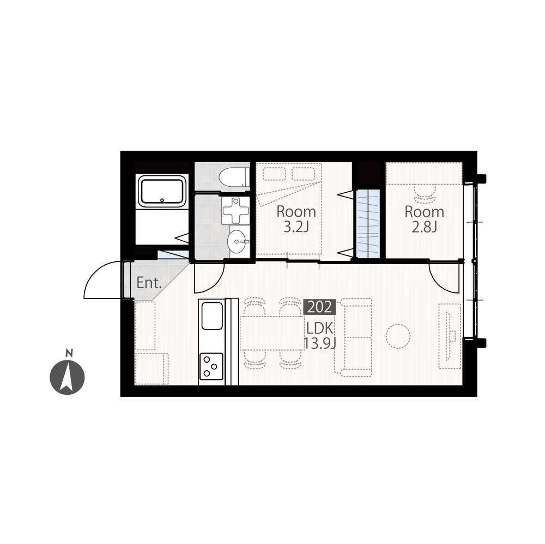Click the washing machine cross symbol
pos(236,211)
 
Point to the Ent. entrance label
pos(149,283)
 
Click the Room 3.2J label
pos(296,219)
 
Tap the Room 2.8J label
pos(425,219)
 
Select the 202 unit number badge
pos(320,307)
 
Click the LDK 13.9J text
pos(320,335)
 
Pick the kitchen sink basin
pos(212,315)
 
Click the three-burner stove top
pos(211,366)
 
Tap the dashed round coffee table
pos(398,336)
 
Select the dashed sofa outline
pos(353,337)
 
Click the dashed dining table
pos(272,333)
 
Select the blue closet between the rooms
pos(368,223)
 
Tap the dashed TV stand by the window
pos(450,337)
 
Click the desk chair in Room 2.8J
pos(425,193)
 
